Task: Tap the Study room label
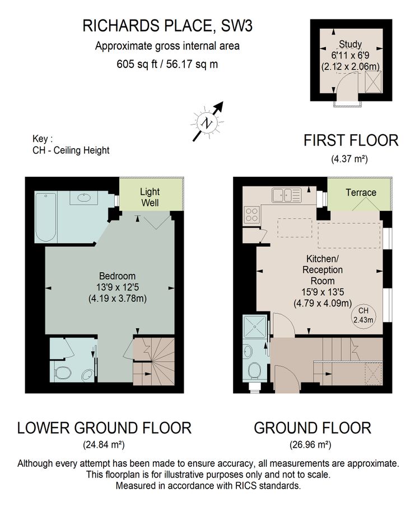[350, 44]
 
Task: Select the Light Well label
[150, 196]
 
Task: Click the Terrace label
[361, 192]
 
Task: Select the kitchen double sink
[286, 195]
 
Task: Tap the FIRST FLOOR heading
[351, 140]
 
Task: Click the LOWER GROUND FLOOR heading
[104, 428]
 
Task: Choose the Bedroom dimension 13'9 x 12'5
[117, 287]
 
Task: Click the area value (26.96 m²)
[312, 445]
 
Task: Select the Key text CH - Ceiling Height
[71, 150]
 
